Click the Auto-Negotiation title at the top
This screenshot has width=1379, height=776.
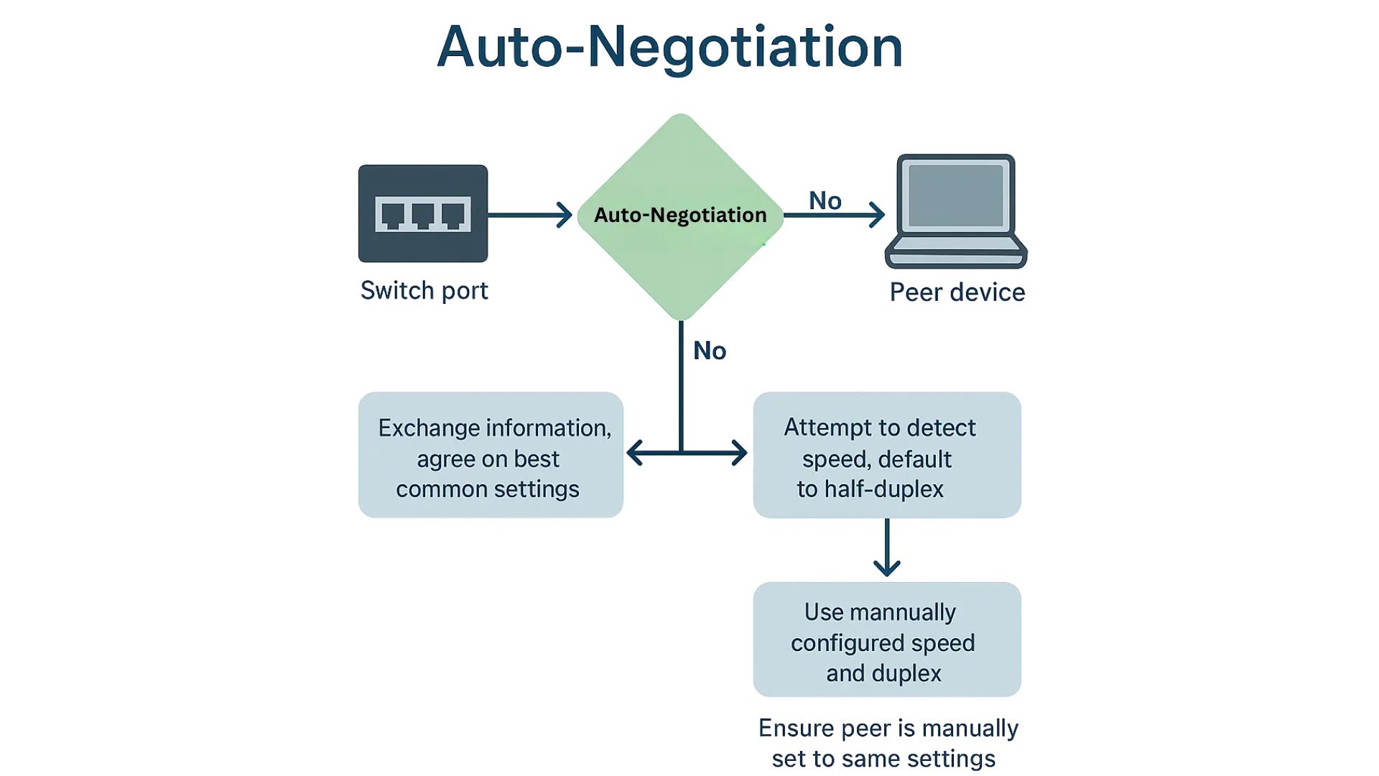click(669, 47)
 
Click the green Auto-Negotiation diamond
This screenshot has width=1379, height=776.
click(679, 215)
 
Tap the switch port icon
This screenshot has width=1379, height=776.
click(422, 213)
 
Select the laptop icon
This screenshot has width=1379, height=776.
click(956, 211)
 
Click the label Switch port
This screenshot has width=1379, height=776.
click(424, 291)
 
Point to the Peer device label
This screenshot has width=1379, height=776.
click(957, 293)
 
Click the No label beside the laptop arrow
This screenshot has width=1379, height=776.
click(826, 201)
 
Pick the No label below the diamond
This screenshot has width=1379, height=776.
click(710, 351)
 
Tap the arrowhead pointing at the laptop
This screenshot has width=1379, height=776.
click(878, 215)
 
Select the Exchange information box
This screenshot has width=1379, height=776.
click(491, 456)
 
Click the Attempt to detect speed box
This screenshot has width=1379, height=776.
click(887, 456)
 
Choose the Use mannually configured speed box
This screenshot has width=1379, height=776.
click(887, 641)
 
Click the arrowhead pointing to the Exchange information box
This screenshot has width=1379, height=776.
click(635, 453)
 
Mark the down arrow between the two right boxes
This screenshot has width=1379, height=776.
click(888, 564)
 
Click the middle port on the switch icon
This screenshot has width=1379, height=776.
click(422, 215)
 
